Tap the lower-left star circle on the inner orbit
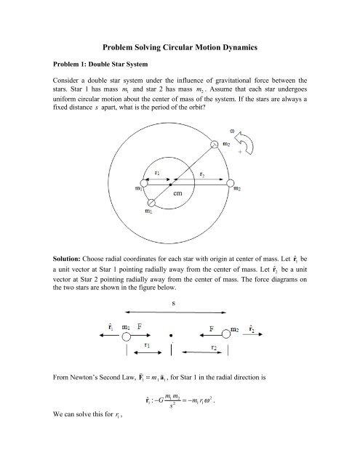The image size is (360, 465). tap(150, 204)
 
